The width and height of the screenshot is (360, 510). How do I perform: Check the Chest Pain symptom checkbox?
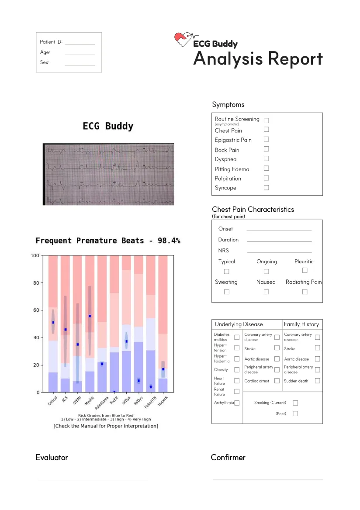click(x=266, y=130)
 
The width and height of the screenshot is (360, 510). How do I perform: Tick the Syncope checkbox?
click(x=266, y=188)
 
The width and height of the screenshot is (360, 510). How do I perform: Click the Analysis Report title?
click(x=258, y=59)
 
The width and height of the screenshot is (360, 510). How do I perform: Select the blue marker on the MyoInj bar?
click(x=90, y=316)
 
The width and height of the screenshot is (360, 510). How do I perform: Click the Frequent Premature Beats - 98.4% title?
click(x=108, y=241)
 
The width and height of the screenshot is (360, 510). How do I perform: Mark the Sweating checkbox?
click(x=226, y=292)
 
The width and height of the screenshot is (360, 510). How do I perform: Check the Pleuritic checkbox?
click(x=305, y=271)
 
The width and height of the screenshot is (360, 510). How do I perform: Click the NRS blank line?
click(x=279, y=252)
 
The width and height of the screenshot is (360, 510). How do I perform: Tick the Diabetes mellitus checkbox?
click(x=237, y=337)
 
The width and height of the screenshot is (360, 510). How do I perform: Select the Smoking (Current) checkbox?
click(x=295, y=403)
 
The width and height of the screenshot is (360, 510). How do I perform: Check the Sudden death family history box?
click(x=317, y=381)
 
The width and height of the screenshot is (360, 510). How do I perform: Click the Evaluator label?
click(x=52, y=458)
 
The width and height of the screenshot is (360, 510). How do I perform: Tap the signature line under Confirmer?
click(x=267, y=479)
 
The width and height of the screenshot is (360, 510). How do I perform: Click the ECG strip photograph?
click(x=108, y=174)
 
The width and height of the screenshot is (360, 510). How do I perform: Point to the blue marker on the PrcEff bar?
click(x=114, y=392)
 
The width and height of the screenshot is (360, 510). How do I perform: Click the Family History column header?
click(x=301, y=324)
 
